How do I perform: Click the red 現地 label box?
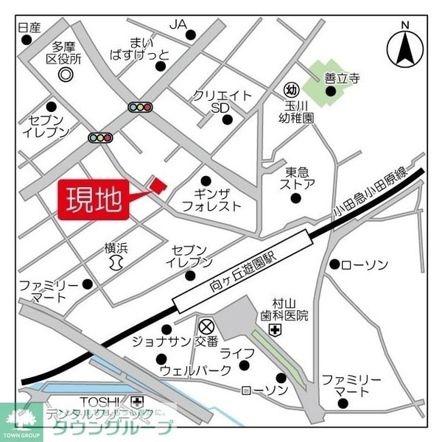[x=94, y=200]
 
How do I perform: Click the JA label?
[x=178, y=25]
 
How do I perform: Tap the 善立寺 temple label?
[x=340, y=76]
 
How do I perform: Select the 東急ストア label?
[x=300, y=178]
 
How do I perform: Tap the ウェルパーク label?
[x=195, y=370]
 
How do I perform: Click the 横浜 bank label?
[x=116, y=248]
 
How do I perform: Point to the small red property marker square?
[x=157, y=183]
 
